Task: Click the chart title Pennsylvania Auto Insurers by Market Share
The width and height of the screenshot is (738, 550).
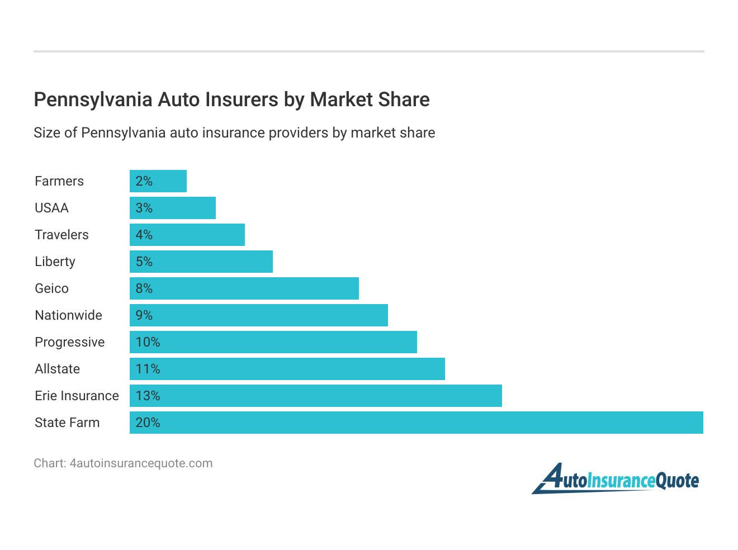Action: tap(231, 99)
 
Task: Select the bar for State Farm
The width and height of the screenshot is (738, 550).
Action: tap(416, 423)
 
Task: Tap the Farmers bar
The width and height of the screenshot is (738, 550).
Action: tap(158, 181)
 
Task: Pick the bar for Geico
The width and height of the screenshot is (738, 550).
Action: tap(244, 288)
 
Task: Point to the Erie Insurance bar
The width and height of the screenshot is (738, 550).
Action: tap(316, 396)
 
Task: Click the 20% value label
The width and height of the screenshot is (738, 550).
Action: tap(148, 423)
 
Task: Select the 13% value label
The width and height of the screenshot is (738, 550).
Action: tap(148, 396)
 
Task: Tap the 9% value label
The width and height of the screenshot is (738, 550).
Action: tap(144, 315)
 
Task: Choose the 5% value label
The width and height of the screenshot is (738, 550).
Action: tap(144, 262)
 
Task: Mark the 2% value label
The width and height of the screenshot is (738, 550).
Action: tap(144, 181)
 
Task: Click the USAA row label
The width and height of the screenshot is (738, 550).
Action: tap(51, 208)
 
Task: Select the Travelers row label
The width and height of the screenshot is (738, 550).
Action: tap(61, 235)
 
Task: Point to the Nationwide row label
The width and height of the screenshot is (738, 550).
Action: tap(68, 315)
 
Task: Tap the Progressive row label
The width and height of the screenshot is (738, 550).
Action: tap(69, 342)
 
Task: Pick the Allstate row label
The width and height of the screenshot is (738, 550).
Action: tap(57, 369)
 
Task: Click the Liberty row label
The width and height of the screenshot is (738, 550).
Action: tap(55, 262)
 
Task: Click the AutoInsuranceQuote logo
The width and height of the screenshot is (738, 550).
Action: tap(616, 480)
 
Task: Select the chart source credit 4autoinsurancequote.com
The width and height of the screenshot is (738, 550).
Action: tap(123, 463)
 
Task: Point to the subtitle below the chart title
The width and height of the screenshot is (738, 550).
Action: tap(234, 133)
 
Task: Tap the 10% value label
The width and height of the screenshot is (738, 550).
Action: tap(148, 342)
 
